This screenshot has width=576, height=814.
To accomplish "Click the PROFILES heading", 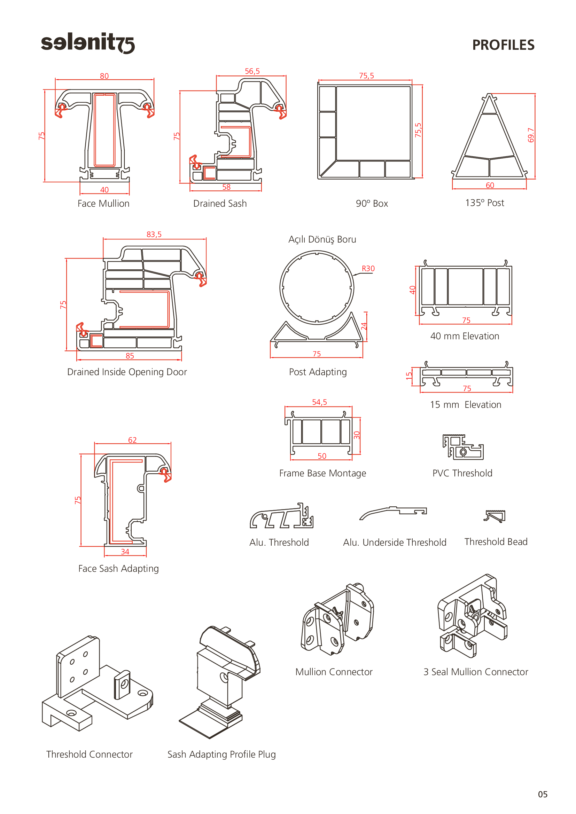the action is click(x=503, y=45).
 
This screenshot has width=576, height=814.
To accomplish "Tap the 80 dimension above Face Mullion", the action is click(x=104, y=76).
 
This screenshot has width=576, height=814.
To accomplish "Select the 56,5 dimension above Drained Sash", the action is click(x=252, y=71).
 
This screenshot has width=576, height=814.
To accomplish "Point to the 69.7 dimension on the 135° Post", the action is click(x=531, y=135).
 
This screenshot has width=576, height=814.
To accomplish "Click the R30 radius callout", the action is click(x=368, y=268).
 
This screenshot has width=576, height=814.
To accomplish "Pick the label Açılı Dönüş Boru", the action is click(x=322, y=240).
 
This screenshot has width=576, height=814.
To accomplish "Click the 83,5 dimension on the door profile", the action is click(x=154, y=234).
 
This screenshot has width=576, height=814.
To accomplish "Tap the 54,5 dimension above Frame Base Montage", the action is click(x=320, y=402).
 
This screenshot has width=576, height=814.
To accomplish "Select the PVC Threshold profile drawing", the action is click(x=463, y=447).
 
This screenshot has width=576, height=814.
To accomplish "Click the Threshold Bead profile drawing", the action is click(x=495, y=516).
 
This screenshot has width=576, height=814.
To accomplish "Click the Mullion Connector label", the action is click(x=334, y=672).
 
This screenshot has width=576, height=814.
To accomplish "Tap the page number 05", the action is click(x=543, y=794).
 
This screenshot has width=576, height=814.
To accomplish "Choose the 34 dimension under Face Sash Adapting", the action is click(x=125, y=552).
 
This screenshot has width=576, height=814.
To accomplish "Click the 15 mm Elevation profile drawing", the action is click(x=466, y=374).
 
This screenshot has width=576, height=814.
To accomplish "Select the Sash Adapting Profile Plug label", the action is click(x=221, y=754).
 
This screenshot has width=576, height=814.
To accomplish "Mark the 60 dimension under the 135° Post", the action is click(x=490, y=185).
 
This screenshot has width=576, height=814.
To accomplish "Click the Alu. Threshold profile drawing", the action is click(x=282, y=515).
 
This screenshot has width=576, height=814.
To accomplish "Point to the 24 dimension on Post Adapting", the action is click(x=364, y=326).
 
